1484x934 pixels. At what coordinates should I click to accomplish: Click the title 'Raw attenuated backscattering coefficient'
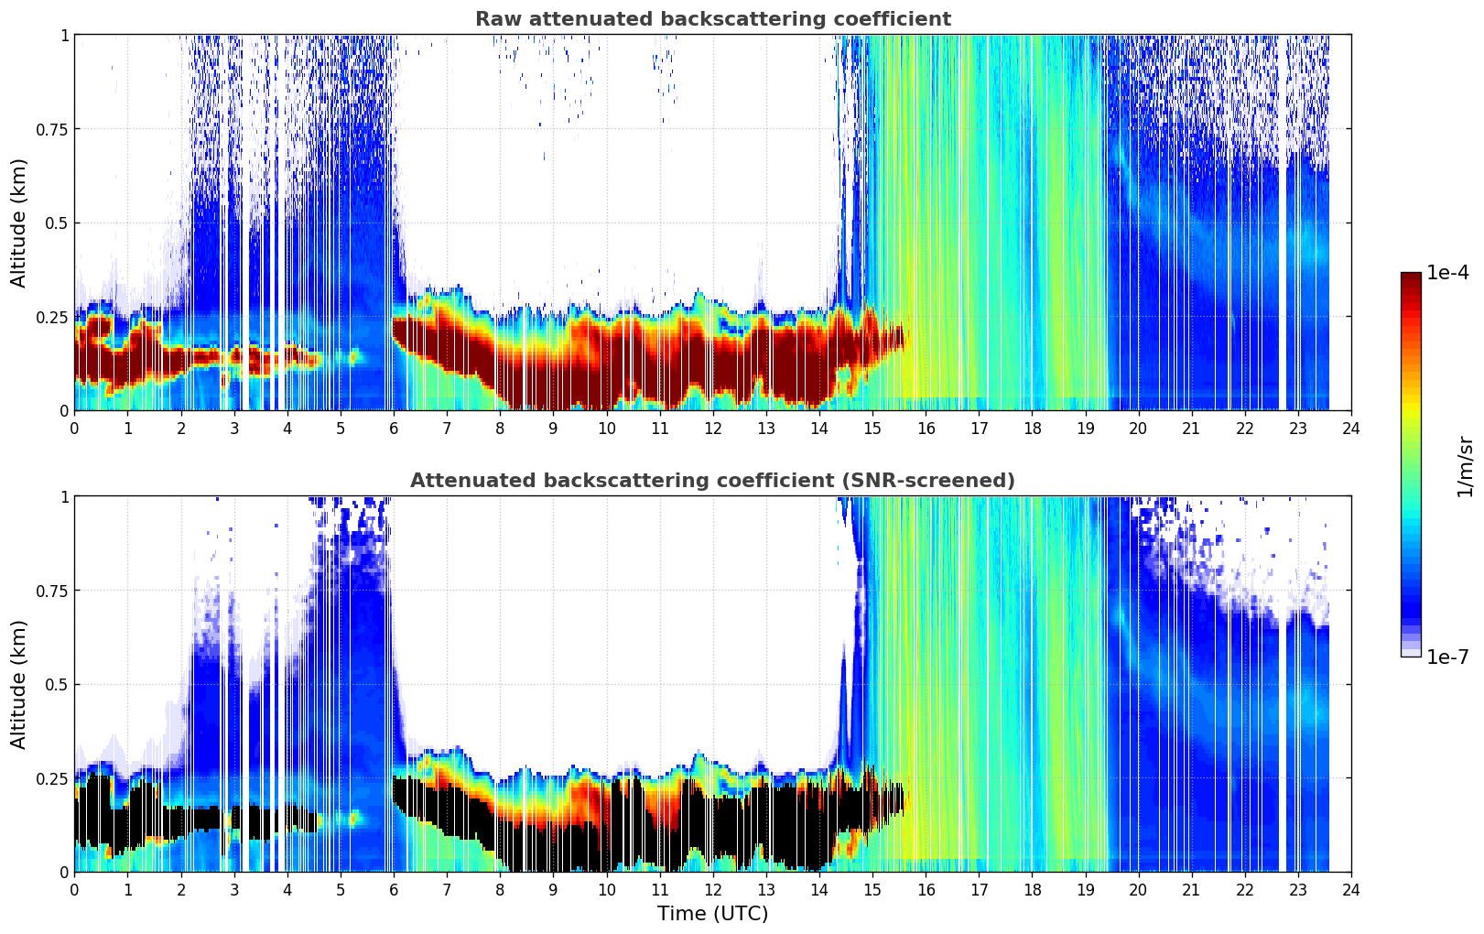point(712,19)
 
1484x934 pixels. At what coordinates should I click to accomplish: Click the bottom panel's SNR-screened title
point(712,481)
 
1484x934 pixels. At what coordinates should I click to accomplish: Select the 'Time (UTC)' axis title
point(712,914)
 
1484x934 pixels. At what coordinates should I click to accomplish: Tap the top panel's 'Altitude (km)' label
point(19,223)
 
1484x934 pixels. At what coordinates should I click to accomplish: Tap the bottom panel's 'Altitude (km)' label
point(19,684)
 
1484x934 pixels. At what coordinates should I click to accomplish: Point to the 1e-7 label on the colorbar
point(1448,657)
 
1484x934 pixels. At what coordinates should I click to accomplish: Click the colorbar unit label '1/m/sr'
point(1466,466)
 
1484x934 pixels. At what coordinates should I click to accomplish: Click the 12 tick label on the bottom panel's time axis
point(712,890)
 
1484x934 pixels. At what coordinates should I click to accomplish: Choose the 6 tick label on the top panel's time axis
point(394,429)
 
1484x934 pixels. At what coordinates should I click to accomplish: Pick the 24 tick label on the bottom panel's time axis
point(1350,890)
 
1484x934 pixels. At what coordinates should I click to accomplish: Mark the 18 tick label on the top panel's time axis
point(1032,429)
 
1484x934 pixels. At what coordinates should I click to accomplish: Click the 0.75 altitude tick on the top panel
point(52,129)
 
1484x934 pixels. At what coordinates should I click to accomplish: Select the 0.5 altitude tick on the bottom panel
point(58,684)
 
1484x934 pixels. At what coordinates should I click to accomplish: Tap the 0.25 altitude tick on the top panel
point(52,317)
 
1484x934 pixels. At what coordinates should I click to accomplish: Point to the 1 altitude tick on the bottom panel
point(64,496)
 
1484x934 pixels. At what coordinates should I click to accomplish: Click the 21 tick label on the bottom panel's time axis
point(1191,890)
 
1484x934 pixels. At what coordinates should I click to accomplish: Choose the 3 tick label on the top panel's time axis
point(234,429)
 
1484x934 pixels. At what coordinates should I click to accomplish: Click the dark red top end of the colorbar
point(1411,277)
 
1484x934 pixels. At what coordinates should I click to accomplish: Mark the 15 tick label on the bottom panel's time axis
point(872,890)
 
